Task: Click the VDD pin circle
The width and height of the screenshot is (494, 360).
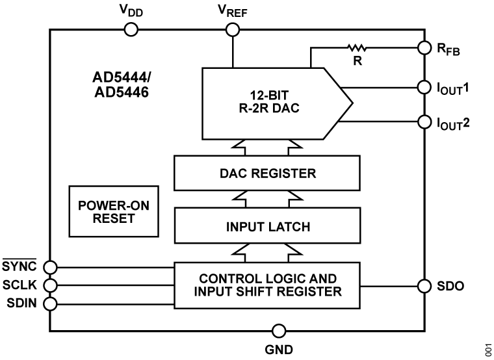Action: pos(131,29)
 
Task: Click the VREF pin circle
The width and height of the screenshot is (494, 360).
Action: pos(232,29)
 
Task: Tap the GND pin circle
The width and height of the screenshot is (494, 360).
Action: pos(279,330)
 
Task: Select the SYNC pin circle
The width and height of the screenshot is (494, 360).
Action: pos(51,266)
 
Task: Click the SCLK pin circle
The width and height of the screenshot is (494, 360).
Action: pos(51,285)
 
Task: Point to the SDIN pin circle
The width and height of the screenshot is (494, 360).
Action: pos(51,303)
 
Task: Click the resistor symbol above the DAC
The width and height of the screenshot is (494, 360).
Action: pos(357,47)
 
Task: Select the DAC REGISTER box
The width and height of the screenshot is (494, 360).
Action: pos(268,174)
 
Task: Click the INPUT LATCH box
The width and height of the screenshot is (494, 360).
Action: pos(268,227)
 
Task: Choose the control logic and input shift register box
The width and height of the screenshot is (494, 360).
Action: pos(267,285)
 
